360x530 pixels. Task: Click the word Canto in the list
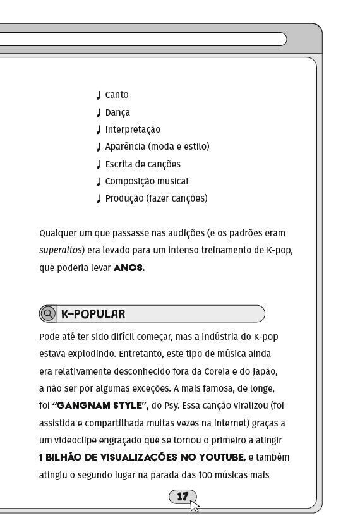pos(117,95)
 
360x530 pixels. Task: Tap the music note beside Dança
pos(99,113)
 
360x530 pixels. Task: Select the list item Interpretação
pos(133,130)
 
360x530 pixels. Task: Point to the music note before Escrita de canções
pos(99,165)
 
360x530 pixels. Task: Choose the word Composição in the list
pos(128,181)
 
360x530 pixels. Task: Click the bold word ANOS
pos(129,268)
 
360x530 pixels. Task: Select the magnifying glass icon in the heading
pos(47,314)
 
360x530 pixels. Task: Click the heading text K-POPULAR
pos(93,314)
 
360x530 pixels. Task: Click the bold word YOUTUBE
pos(220,457)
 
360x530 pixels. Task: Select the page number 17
pos(182,497)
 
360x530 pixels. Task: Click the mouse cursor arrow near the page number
pos(194,505)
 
